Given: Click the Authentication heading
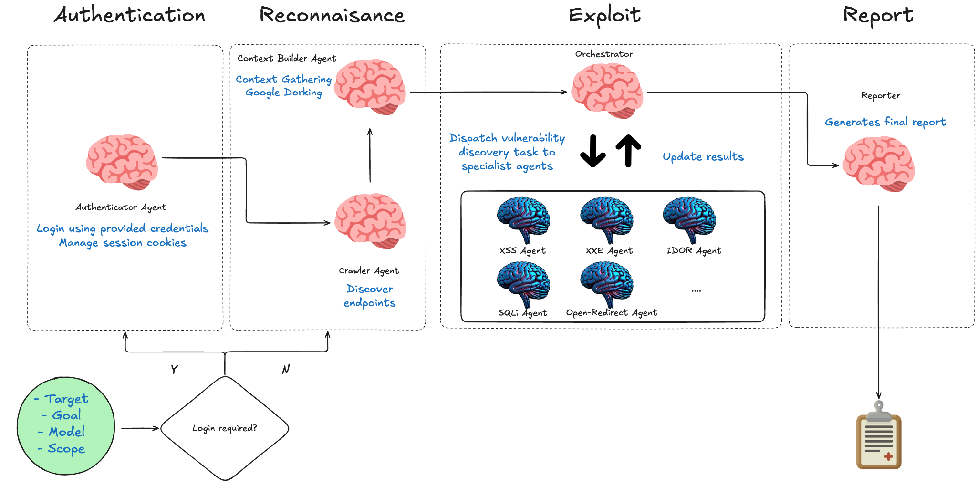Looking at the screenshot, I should pos(129,15).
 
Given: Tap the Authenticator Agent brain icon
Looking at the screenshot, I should pos(122,162).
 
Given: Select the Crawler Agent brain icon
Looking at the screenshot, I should pos(370,221).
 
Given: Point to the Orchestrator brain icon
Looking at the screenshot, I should pos(607,91).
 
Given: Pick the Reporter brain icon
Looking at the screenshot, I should pos(878,164).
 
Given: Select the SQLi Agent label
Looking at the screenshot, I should pos(522,313).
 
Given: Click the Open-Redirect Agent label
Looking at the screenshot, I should pos(611,313).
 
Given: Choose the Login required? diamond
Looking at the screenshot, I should pos(225,428).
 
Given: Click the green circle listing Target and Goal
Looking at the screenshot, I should pos(66,425).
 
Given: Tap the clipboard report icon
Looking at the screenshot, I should pos(879,435).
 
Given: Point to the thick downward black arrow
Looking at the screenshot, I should pos(593,151).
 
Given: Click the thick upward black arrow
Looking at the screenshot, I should pos(628,150).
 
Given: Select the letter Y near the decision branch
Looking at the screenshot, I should pos(175,369).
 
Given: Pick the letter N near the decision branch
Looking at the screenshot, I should pos(286,369).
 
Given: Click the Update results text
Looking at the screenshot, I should pos(703,156).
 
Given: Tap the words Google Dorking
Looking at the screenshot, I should pos(283,93).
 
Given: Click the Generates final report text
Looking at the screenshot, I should pos(885,122).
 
